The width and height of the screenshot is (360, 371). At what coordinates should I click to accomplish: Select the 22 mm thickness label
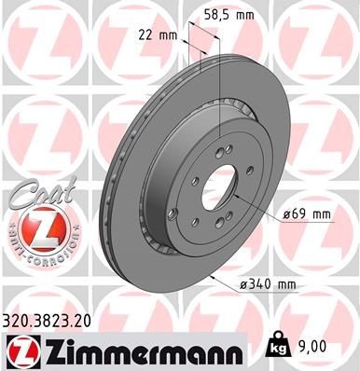[153, 34]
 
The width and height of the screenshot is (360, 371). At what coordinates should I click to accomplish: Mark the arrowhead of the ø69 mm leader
[241, 198]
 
